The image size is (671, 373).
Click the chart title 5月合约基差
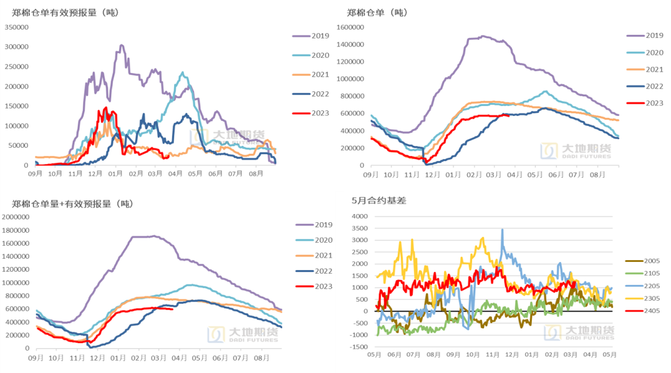[376, 200]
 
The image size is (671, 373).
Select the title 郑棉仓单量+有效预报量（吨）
[73, 204]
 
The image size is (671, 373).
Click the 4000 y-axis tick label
[360, 217]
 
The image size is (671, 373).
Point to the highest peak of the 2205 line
[502, 230]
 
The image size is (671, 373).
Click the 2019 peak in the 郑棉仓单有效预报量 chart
[122, 45]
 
